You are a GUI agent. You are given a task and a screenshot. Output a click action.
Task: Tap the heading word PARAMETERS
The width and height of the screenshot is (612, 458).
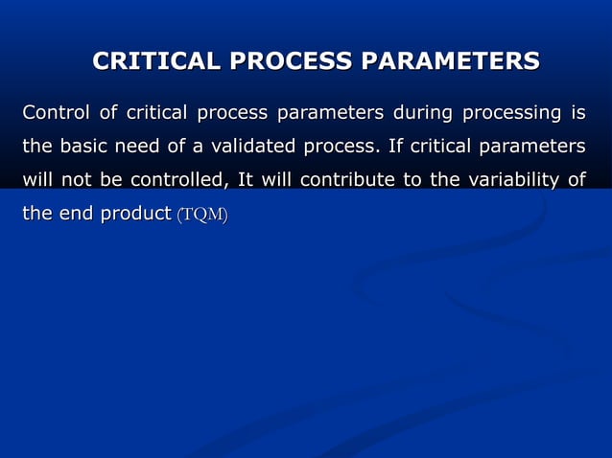(x=450, y=62)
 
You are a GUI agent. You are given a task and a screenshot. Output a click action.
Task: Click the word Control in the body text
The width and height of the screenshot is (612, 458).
(x=54, y=115)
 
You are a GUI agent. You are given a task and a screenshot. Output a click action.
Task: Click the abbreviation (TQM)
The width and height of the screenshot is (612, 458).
(x=201, y=215)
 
